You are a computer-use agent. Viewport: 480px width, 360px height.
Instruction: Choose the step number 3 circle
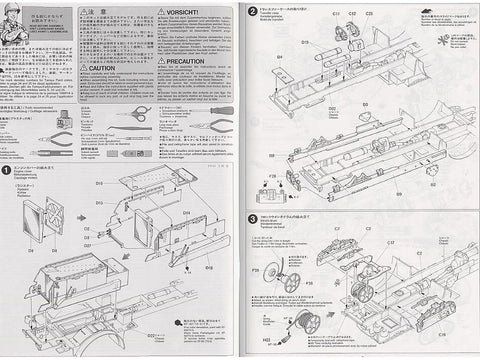click(250, 219)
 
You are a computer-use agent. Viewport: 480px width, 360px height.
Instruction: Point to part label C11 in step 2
click(337, 14)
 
